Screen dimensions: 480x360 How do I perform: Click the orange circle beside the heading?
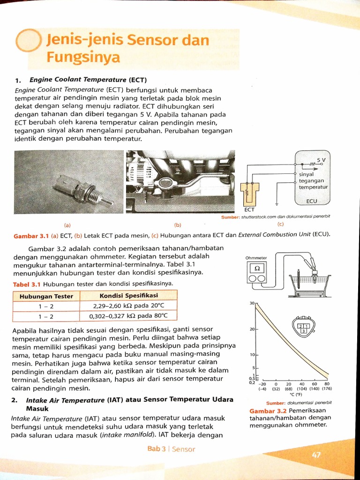point(29,41)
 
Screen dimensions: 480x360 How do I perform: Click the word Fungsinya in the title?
point(83,58)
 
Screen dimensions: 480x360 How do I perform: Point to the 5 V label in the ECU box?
point(321,160)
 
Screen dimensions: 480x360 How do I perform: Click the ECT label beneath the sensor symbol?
point(249,210)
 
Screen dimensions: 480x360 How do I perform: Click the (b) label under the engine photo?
point(178,224)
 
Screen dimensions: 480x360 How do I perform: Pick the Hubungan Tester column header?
point(46,296)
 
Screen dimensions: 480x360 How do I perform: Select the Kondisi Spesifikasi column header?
point(128,295)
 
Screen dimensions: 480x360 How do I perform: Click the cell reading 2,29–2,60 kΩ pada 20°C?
point(128,306)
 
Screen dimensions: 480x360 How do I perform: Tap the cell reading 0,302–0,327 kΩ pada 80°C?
point(128,316)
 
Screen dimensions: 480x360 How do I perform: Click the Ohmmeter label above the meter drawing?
point(256,258)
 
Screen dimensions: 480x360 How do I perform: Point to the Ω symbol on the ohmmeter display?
point(257,268)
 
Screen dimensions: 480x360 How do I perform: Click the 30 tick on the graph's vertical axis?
point(251,303)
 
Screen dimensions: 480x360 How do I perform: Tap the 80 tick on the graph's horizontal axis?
point(327,383)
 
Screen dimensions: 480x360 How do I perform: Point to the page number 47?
point(317,454)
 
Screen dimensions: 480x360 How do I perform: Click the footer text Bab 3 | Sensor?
point(171,449)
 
